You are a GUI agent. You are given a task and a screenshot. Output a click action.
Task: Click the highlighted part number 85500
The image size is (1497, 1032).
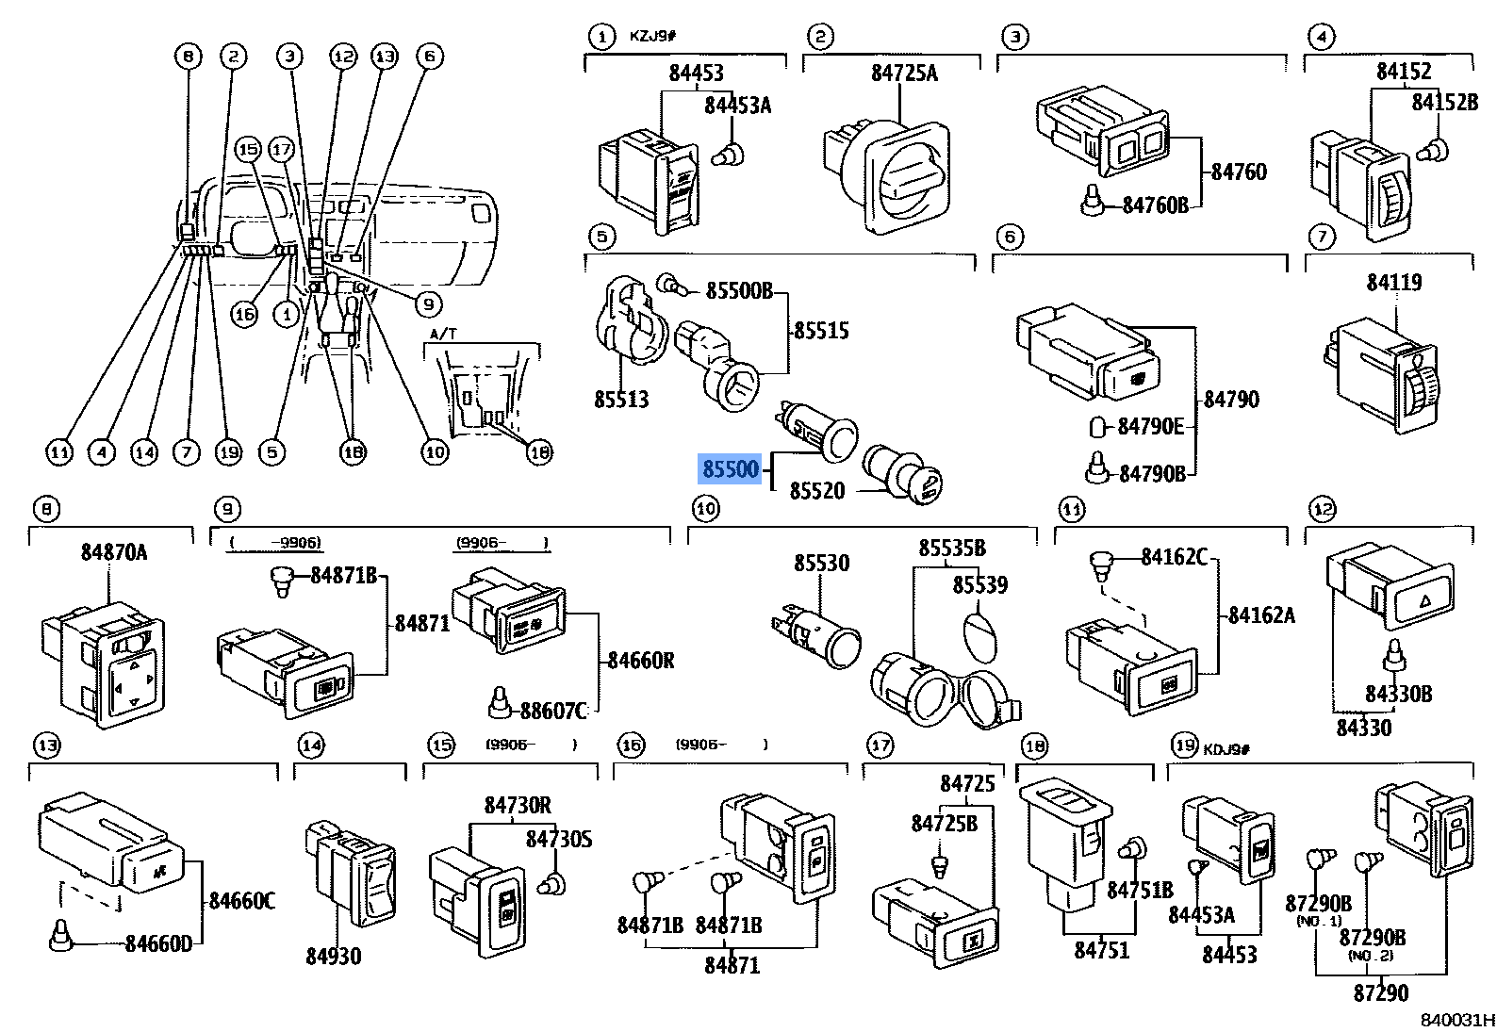[x=729, y=468]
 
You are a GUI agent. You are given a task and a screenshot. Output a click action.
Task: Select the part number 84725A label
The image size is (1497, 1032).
[x=903, y=73]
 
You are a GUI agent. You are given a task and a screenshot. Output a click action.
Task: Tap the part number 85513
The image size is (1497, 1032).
[x=621, y=400]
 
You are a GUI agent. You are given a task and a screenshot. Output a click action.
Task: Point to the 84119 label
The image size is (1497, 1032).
[x=1394, y=282]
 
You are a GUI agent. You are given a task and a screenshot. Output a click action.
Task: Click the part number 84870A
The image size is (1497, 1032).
[x=114, y=551]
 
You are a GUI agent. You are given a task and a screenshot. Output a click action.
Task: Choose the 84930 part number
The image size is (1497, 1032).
[x=333, y=956]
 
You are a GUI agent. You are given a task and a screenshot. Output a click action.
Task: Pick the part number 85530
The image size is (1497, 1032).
[x=821, y=563]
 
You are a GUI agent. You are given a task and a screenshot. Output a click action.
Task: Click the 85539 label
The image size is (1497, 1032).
[x=979, y=584]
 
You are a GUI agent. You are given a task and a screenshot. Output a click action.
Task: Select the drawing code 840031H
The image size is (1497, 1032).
[x=1457, y=1020]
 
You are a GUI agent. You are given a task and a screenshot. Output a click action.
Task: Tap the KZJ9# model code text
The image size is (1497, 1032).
[x=653, y=37]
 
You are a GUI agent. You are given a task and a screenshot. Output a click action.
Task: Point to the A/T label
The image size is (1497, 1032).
[x=441, y=335]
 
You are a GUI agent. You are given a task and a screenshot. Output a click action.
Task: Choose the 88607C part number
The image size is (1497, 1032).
[x=553, y=711]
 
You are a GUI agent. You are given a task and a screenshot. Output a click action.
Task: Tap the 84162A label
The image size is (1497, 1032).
[x=1261, y=615]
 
